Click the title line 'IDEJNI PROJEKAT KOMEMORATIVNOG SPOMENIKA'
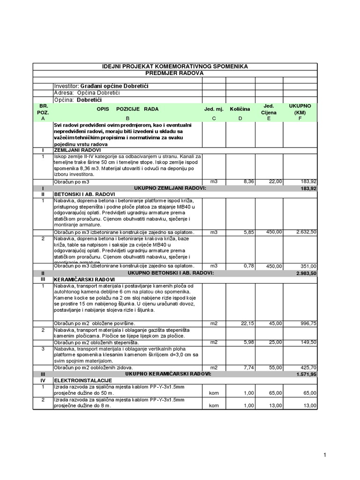tap(175, 67)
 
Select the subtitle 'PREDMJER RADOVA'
tap(175, 74)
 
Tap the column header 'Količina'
tap(240, 109)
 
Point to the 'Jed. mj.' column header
tap(214, 109)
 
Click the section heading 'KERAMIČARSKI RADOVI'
tap(85, 279)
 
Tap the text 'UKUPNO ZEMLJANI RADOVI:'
tap(170, 188)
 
